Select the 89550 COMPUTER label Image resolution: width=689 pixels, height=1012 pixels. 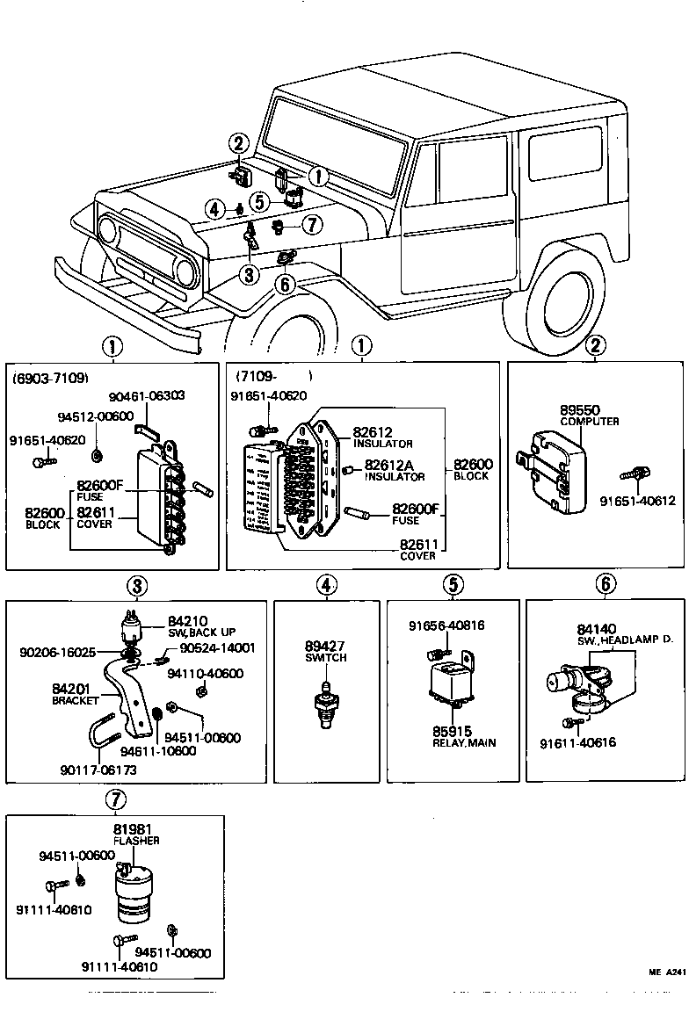590,415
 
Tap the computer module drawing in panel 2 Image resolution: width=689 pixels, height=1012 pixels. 553,470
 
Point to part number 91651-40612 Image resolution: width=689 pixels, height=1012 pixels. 637,501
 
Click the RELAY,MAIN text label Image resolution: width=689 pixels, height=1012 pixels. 463,742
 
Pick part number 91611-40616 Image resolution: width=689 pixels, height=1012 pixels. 577,742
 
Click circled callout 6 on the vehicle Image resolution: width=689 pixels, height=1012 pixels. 283,283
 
